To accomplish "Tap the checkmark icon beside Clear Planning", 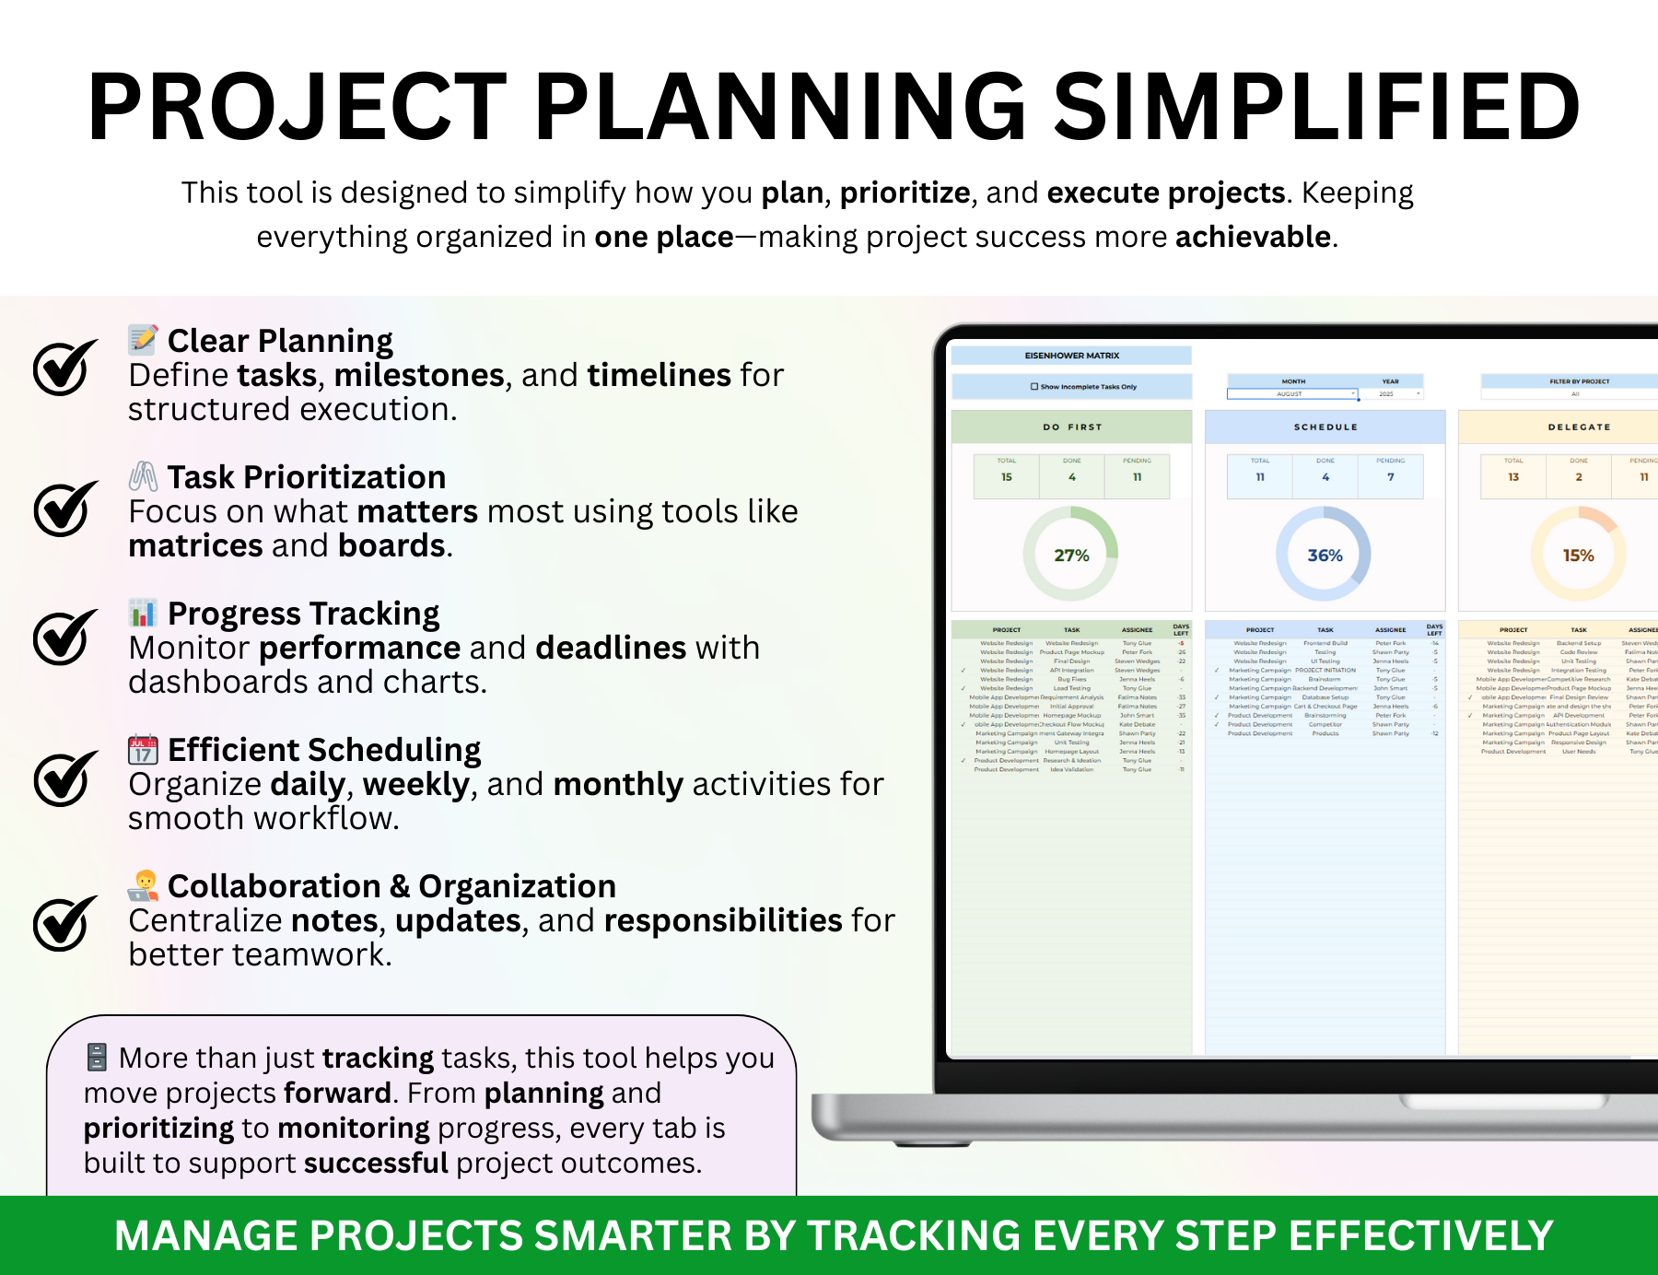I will [64, 368].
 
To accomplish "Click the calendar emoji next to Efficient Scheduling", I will [143, 750].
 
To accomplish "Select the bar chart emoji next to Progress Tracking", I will [143, 613].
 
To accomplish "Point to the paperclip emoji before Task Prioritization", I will [143, 476].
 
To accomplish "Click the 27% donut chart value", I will [1071, 556].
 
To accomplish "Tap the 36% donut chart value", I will [1325, 556].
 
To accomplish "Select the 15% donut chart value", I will [1578, 556].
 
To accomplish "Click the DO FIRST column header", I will [1072, 427].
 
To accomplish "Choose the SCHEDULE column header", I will [1325, 427].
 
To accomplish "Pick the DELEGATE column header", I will [1579, 427].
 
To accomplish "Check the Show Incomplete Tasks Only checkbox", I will [1034, 387].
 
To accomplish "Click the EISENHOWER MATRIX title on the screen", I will [1072, 356].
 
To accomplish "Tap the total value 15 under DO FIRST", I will [1007, 477].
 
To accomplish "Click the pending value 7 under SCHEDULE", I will [1391, 477].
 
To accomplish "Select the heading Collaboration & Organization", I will [391, 886].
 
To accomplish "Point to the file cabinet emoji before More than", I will [97, 1058].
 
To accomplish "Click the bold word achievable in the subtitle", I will [1253, 237].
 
